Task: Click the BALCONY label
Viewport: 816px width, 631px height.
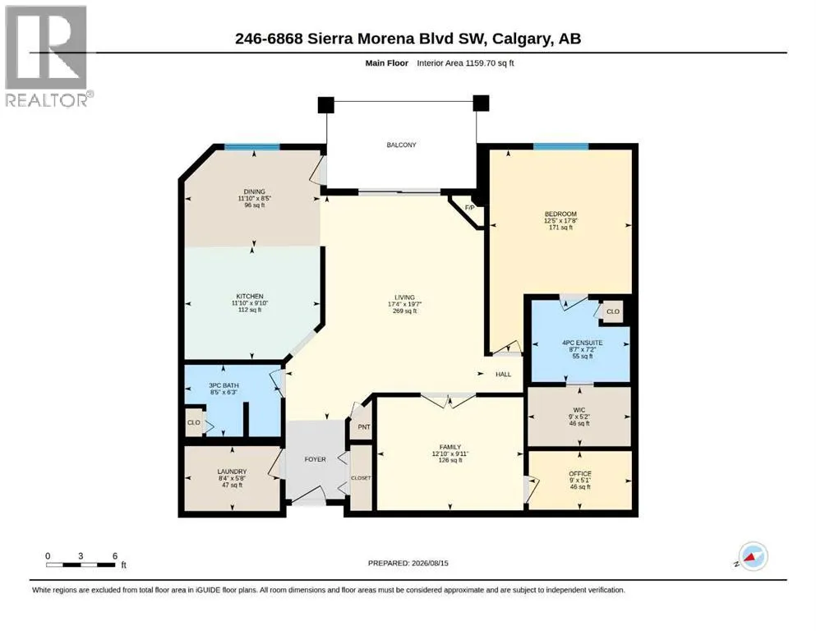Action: click(x=401, y=145)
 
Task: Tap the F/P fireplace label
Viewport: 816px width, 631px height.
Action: click(x=469, y=208)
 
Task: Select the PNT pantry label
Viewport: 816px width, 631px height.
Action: click(x=364, y=427)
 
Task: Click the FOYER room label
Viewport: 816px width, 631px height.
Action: click(x=315, y=459)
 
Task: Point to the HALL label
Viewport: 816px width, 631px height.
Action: click(x=503, y=374)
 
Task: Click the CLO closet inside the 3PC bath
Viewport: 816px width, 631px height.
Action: click(x=194, y=422)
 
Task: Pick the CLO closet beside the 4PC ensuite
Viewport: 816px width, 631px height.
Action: click(x=613, y=311)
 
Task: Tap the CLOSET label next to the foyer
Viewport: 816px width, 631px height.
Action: click(x=362, y=477)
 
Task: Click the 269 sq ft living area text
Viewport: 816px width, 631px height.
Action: click(x=405, y=311)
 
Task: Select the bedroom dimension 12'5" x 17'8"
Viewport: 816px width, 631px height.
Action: click(x=560, y=220)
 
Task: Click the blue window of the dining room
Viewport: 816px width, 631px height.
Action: click(x=252, y=147)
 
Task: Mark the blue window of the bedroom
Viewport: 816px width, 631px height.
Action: click(x=561, y=146)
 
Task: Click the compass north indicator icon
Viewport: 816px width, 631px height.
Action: click(x=753, y=556)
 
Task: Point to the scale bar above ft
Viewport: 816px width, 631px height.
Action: click(x=81, y=564)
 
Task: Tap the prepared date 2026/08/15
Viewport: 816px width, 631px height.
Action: click(x=430, y=563)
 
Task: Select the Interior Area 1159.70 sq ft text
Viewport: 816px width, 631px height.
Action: click(x=465, y=63)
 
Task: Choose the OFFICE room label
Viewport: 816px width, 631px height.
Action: click(x=580, y=473)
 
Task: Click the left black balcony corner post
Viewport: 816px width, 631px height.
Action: click(x=325, y=104)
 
